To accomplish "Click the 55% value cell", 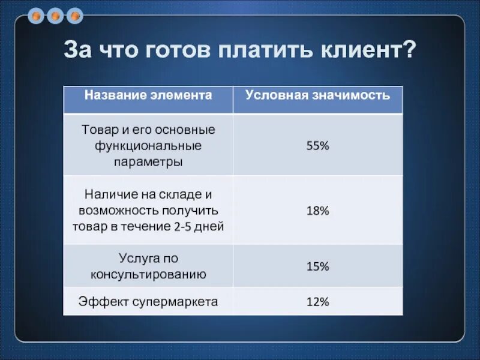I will coord(318,146).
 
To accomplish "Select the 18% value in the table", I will coord(318,211).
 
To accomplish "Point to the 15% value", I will coord(318,266).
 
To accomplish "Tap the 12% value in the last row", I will coord(318,302).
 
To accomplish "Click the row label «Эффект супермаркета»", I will coord(148,301).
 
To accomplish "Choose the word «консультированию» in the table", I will coord(148,275).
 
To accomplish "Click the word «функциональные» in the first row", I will coord(148,146).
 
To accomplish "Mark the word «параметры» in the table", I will coord(148,162).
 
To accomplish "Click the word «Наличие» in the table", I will coord(106,194).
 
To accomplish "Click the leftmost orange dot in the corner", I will coord(38,15).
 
